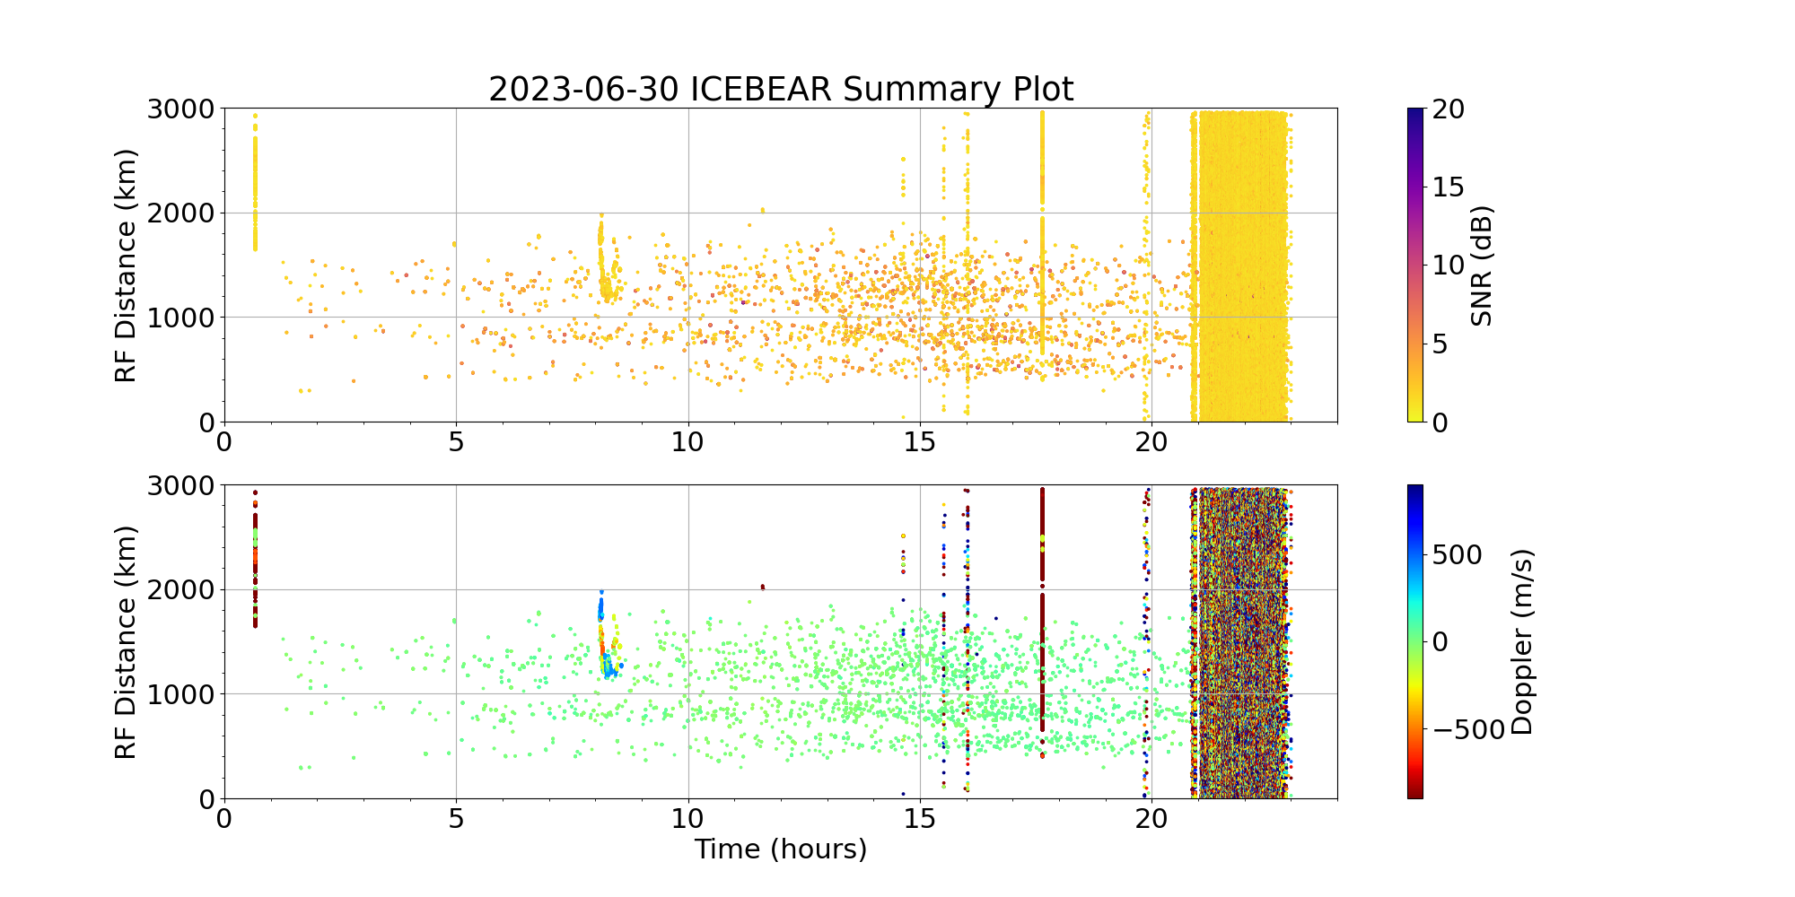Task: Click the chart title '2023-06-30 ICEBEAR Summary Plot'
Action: [x=781, y=90]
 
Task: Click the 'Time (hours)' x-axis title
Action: [x=781, y=849]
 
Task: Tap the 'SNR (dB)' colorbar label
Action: [x=1482, y=266]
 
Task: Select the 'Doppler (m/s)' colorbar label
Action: [x=1523, y=642]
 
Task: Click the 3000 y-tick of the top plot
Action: [x=182, y=109]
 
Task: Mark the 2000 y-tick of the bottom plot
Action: [x=182, y=590]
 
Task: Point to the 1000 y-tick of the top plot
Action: [x=182, y=318]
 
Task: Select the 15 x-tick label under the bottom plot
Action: [x=920, y=818]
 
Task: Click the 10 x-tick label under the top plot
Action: [x=688, y=441]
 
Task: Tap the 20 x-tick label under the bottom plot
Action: [x=1151, y=818]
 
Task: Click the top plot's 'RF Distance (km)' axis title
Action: [x=127, y=266]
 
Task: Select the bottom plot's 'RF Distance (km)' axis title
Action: [x=127, y=642]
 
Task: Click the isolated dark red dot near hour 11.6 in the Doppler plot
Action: [x=762, y=588]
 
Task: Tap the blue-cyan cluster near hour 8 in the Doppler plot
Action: [x=609, y=664]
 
